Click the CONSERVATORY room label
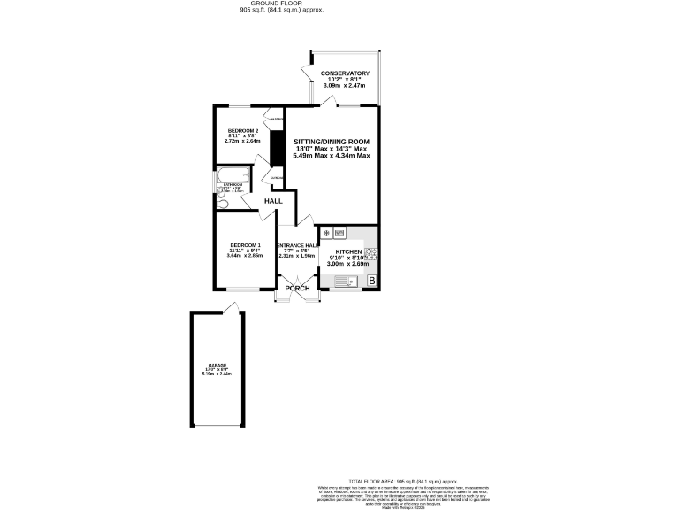click(345, 73)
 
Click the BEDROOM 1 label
click(246, 245)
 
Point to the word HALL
click(273, 201)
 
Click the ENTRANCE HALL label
click(297, 245)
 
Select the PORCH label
click(297, 288)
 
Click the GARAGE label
click(217, 365)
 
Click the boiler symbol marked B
click(371, 282)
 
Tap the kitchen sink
click(344, 282)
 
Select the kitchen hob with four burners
click(371, 252)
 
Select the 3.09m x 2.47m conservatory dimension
click(345, 85)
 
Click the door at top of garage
click(232, 307)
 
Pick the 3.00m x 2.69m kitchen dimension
click(347, 263)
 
